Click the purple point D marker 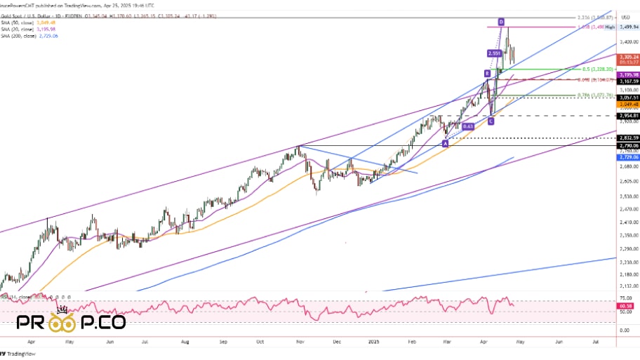point(501,22)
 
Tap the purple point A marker point(445,143)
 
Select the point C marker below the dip point(491,121)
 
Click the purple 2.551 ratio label point(494,53)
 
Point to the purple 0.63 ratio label point(469,126)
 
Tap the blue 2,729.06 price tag point(626,157)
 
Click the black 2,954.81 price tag point(626,115)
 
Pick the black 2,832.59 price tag point(626,138)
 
